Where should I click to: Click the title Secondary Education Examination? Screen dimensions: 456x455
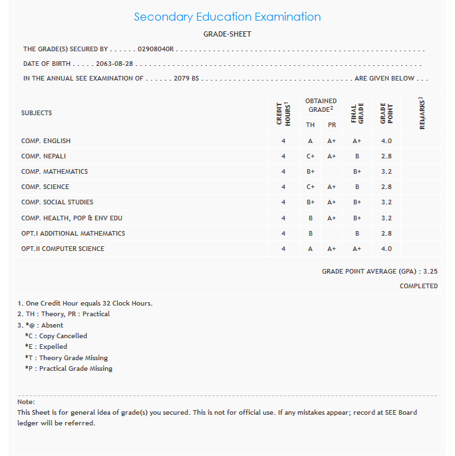tap(227, 17)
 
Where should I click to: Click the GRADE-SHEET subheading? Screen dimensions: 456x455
tap(227, 34)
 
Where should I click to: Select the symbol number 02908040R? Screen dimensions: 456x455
tap(156, 49)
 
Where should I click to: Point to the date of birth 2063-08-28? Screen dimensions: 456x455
tap(115, 64)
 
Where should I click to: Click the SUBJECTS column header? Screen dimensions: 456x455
tap(37, 113)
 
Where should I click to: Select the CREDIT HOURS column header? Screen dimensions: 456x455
tap(283, 113)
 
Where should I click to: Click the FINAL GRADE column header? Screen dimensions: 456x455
tap(357, 113)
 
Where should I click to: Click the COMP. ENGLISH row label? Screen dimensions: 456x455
tap(46, 141)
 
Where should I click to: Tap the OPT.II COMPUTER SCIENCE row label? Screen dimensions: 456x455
tap(63, 249)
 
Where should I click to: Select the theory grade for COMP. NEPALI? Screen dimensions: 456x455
tap(310, 156)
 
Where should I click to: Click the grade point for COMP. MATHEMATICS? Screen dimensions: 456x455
tap(386, 172)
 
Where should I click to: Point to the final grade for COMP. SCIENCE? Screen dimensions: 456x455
tap(357, 187)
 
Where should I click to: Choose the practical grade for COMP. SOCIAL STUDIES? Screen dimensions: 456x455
tap(331, 202)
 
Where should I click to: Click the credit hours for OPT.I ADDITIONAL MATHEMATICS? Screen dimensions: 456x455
tap(283, 234)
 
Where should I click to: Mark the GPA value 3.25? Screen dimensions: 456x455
tap(430, 272)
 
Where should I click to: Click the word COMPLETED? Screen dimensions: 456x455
tap(418, 286)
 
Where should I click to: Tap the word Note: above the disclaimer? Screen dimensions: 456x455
tap(26, 402)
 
